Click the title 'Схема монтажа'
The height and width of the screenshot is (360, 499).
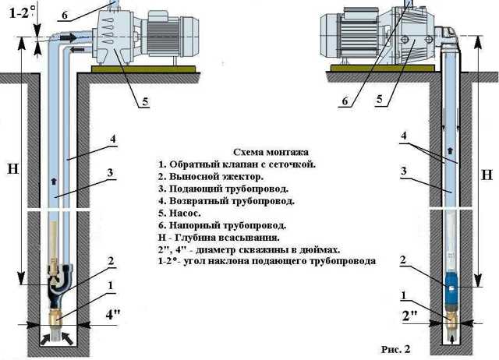(x=271, y=152)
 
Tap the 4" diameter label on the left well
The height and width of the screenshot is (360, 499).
(x=113, y=315)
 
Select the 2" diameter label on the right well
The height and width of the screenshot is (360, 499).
(x=410, y=316)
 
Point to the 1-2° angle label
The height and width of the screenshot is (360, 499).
(x=21, y=13)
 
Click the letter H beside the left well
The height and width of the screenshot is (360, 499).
(x=12, y=168)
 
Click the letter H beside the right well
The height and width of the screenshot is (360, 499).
(x=487, y=175)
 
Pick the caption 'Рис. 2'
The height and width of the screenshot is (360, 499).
(x=395, y=349)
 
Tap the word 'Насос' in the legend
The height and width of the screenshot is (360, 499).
(x=184, y=213)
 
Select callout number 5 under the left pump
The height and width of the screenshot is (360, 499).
(x=145, y=102)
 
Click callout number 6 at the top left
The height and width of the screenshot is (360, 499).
(x=65, y=15)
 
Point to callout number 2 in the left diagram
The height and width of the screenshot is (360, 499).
(x=111, y=261)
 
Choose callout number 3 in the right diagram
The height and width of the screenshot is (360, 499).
(x=404, y=171)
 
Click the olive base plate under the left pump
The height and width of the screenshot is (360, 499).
(x=143, y=69)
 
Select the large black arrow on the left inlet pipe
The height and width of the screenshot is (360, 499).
(x=68, y=37)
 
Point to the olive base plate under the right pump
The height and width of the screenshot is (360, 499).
(x=383, y=68)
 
